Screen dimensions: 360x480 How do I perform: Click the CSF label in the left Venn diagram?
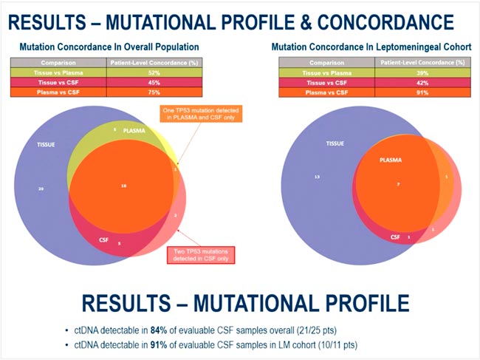[103, 240]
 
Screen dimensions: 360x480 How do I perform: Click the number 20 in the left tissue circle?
[41, 189]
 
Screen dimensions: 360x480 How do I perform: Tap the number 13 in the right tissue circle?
[316, 178]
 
